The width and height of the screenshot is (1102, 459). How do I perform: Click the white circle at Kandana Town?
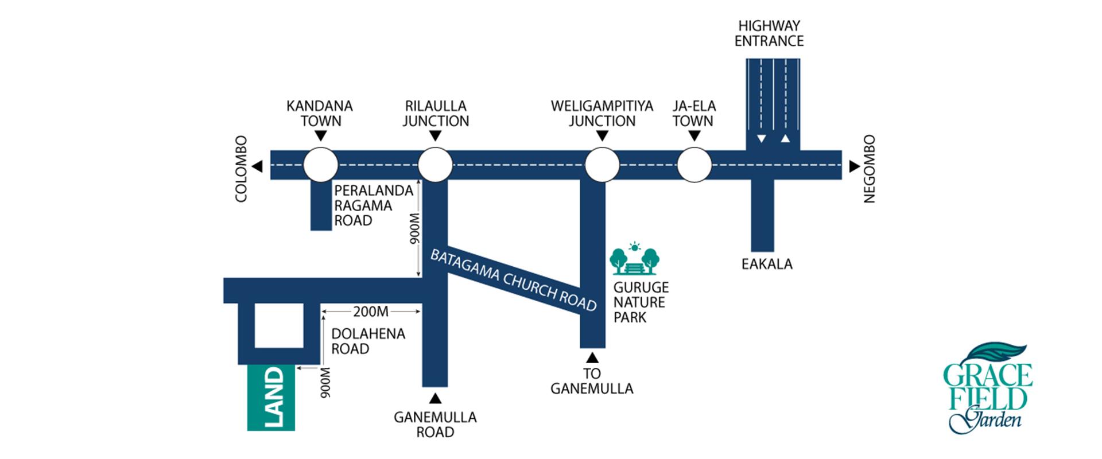coord(321,165)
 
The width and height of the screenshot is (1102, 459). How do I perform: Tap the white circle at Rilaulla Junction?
coord(435,165)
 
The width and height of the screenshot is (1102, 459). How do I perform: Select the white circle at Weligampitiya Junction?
coord(602,165)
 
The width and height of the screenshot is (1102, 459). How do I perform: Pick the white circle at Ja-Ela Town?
coord(694,165)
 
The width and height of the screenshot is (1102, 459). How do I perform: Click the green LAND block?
coord(271,398)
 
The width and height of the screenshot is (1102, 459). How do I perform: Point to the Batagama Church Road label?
coord(514,281)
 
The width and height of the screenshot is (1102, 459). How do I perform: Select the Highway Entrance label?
coord(769,33)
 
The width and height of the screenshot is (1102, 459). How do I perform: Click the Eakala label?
coord(767,264)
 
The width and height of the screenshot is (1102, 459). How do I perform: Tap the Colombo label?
coord(241,169)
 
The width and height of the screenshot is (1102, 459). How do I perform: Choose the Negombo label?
coord(870,169)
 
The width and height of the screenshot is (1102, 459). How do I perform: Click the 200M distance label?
coord(370,312)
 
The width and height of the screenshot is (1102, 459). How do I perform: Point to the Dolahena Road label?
coord(368,341)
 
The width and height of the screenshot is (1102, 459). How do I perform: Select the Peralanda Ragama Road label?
coord(374,205)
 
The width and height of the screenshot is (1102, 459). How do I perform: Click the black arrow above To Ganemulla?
coord(592,358)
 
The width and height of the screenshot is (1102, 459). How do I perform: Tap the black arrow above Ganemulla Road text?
coord(435,398)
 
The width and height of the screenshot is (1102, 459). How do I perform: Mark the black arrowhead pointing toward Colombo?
coord(258,166)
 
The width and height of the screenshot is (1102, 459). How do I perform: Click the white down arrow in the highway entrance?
coord(761,138)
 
